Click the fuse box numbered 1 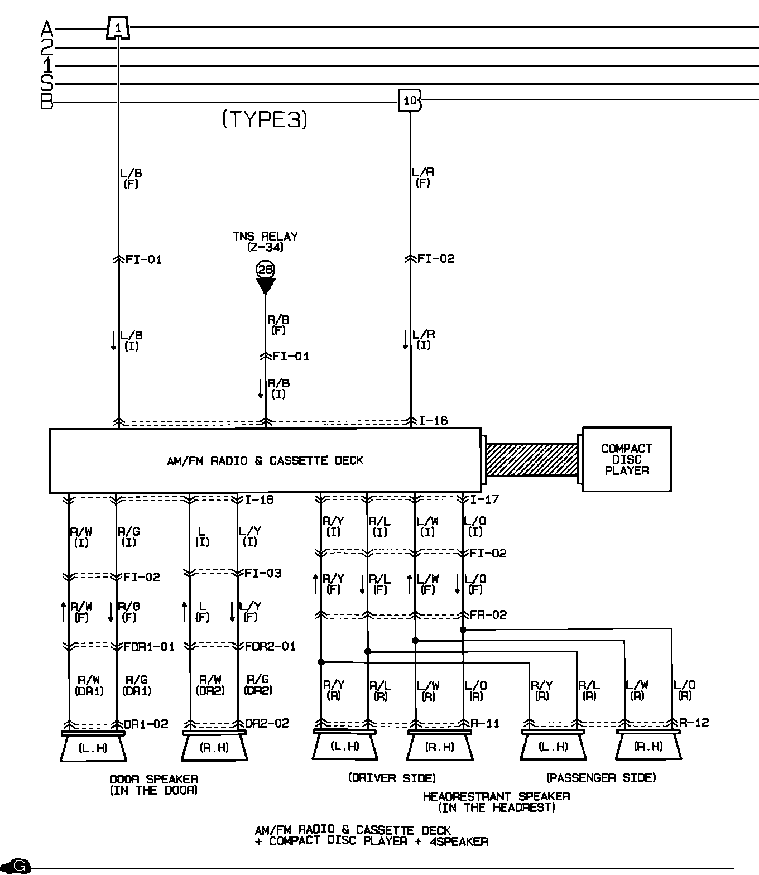118,27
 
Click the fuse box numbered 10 410,100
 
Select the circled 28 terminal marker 265,270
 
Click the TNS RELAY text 265,237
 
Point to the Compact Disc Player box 627,459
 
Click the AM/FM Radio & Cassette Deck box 265,460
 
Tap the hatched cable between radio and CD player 531,459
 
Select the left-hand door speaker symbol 93,748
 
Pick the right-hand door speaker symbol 214,748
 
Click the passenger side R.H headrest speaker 648,746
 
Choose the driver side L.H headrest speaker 345,746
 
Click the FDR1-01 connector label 149,647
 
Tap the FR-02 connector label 488,615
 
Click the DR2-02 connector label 267,723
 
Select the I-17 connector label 484,499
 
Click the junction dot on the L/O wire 463,629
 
